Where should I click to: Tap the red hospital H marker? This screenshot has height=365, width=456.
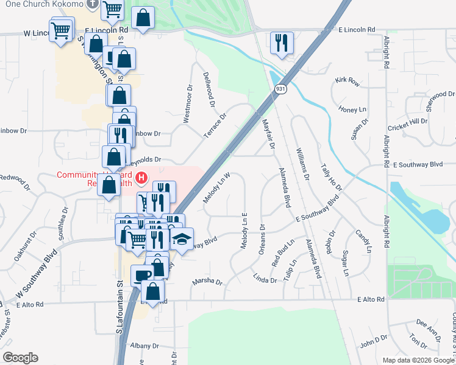pyautogui.click(x=141, y=178)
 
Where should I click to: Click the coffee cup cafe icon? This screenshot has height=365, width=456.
pyautogui.click(x=142, y=275)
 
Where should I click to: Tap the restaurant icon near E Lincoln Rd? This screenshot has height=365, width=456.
pyautogui.click(x=281, y=42)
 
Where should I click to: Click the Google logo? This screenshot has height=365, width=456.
pyautogui.click(x=20, y=358)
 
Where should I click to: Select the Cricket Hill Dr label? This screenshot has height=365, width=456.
pyautogui.click(x=408, y=125)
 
